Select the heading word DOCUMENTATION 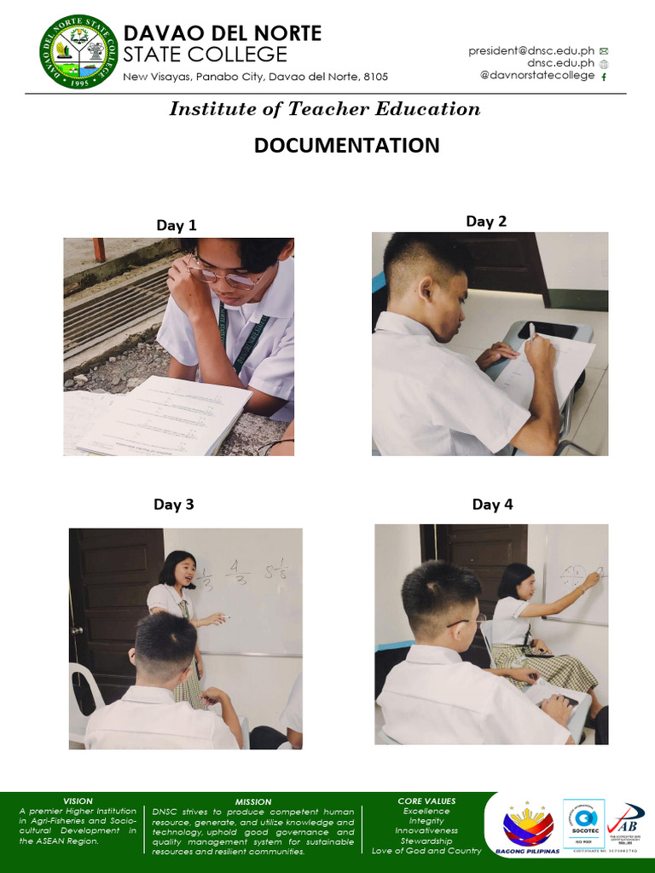346,146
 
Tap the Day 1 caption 177,226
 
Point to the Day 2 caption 486,222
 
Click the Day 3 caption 174,505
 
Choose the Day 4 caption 493,505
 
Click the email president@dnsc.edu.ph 530,51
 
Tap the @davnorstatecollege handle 537,76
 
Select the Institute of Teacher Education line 325,109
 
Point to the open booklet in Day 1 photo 162,416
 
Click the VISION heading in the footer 78,801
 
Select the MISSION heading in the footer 253,801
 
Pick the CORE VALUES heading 426,801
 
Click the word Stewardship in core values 426,841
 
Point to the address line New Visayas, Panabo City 256,77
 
